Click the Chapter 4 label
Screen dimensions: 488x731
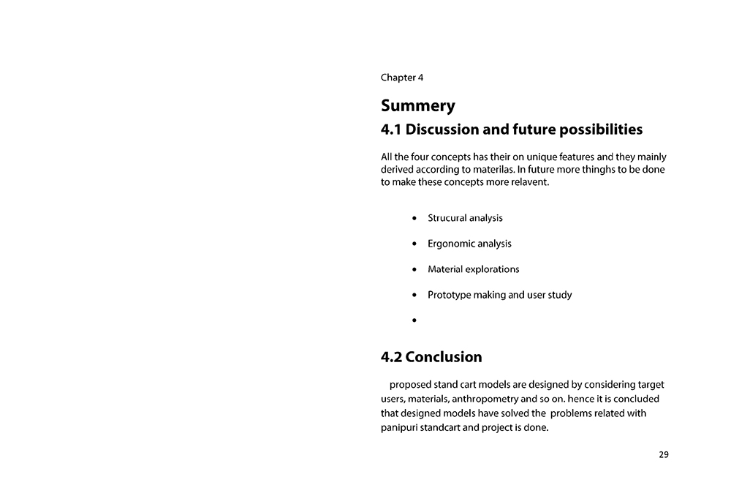401,77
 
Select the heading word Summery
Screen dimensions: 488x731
417,105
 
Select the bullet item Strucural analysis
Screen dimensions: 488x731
465,218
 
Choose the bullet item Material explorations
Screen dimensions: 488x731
473,269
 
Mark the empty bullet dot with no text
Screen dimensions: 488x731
414,320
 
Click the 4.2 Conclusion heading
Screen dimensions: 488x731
431,357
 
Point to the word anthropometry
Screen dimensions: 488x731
485,399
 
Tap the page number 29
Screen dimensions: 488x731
663,454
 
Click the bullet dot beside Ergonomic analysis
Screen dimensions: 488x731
414,244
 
